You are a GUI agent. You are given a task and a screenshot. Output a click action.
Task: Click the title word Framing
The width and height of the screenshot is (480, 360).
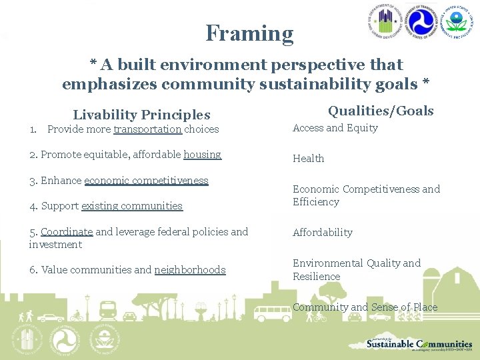pos(249,33)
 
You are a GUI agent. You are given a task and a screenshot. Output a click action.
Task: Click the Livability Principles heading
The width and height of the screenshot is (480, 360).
pos(141,115)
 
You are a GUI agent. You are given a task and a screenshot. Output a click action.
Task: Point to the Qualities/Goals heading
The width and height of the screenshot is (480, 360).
pos(380,111)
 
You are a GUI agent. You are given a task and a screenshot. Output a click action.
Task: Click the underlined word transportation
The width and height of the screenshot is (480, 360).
pos(147,129)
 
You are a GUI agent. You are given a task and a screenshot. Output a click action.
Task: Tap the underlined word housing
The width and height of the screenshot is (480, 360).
pos(202,155)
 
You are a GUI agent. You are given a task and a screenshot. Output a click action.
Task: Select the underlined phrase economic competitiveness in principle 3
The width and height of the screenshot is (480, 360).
pos(146,181)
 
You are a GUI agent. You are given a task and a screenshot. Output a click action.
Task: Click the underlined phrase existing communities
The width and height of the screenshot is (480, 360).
pos(131,206)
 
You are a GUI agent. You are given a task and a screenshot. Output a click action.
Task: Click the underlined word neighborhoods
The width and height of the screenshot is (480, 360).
pos(189,270)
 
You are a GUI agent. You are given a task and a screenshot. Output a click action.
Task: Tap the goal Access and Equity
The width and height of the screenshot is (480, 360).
pos(335,128)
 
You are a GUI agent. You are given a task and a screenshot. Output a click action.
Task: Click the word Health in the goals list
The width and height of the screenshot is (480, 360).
pos(308,159)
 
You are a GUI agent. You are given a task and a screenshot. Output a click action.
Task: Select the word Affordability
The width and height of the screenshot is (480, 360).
pos(323,233)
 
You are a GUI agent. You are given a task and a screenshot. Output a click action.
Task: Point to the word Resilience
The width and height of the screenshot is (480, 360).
pos(316,277)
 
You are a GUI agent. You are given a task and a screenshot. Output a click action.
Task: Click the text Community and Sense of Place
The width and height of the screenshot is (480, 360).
pos(365,307)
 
